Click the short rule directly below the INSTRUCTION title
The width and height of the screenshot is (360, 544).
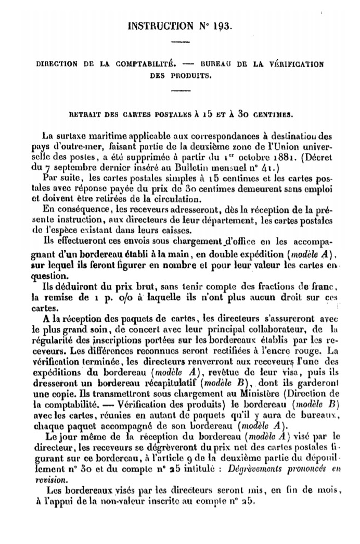click(x=180, y=41)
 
